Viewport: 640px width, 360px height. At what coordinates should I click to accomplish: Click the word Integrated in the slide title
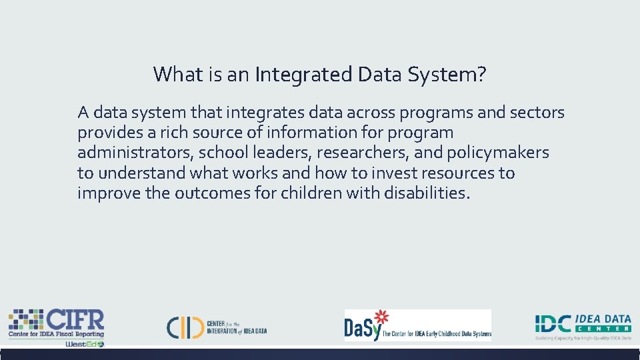303,75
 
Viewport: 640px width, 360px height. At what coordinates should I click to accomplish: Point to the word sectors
537,113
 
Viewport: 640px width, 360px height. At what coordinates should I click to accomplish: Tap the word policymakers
498,153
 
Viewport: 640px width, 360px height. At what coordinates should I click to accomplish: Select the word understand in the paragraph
141,173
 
